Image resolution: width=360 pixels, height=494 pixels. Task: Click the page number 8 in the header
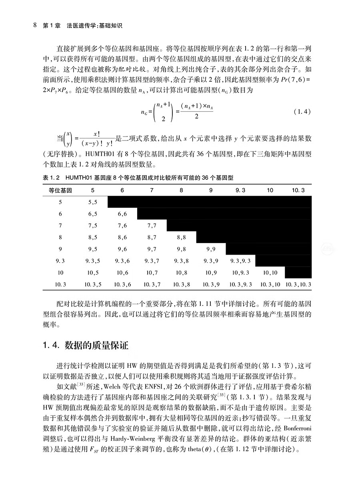pyautogui.click(x=35, y=25)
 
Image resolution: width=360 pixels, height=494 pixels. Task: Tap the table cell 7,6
pyautogui.click(x=122, y=225)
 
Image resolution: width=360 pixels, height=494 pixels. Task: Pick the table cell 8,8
pyautogui.click(x=181, y=237)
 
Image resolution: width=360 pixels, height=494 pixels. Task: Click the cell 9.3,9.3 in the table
pyautogui.click(x=240, y=261)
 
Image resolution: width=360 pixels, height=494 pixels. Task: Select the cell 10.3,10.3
pyautogui.click(x=298, y=285)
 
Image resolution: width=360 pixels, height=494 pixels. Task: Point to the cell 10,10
pyautogui.click(x=270, y=273)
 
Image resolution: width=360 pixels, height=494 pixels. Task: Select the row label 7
pyautogui.click(x=60, y=225)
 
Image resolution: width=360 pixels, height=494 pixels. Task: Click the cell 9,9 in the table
pyautogui.click(x=211, y=249)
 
